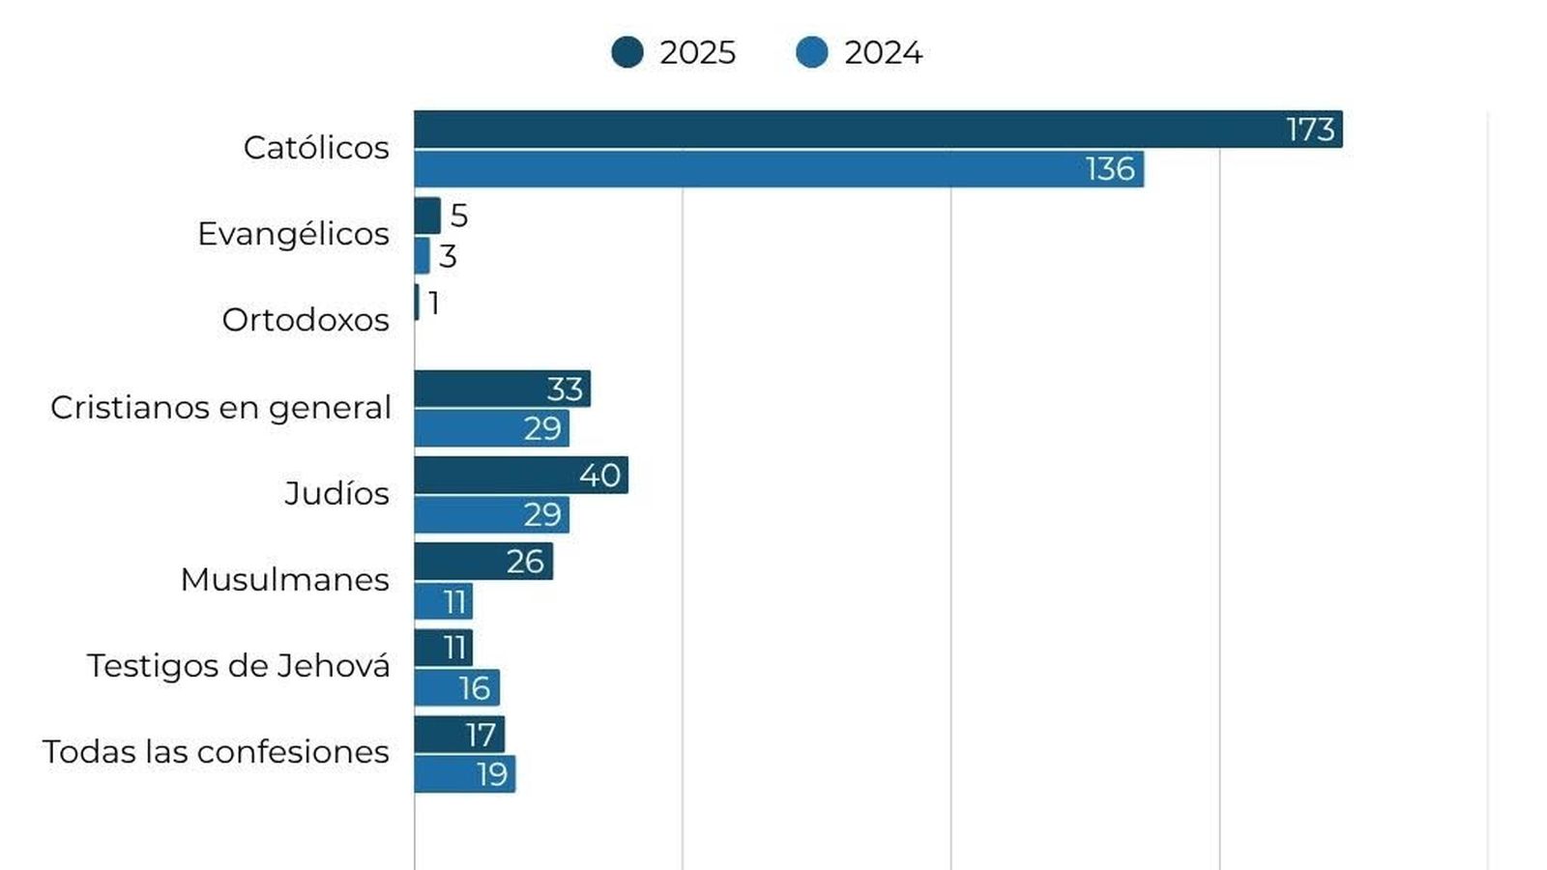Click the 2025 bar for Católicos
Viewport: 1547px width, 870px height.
[x=879, y=130]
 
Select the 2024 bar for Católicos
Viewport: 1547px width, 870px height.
[x=779, y=169]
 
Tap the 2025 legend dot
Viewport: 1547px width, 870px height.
[x=628, y=52]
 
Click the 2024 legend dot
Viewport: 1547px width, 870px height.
[x=811, y=52]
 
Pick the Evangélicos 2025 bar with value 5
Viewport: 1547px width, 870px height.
[x=427, y=216]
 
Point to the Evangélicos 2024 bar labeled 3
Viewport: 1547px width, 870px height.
[x=422, y=255]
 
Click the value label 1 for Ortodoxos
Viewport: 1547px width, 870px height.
[x=433, y=303]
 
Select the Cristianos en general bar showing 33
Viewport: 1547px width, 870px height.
[x=502, y=389]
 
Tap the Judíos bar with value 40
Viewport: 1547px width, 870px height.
[x=521, y=475]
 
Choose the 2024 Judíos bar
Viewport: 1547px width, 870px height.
[x=492, y=515]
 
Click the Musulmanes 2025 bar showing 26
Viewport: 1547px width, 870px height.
[x=483, y=562]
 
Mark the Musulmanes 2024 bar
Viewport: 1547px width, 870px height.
[x=444, y=601]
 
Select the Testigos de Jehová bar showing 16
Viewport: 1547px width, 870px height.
[x=457, y=687]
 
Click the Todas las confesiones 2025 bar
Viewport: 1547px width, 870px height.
[x=459, y=734]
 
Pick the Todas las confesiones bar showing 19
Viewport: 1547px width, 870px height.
[x=465, y=774]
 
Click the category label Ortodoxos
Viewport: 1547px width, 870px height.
[x=306, y=320]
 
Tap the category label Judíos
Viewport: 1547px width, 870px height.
[x=337, y=493]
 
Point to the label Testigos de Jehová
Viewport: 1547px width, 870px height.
[x=238, y=666]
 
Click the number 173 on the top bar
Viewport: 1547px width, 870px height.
[x=1310, y=130]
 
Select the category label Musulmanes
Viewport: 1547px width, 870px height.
[x=285, y=580]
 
